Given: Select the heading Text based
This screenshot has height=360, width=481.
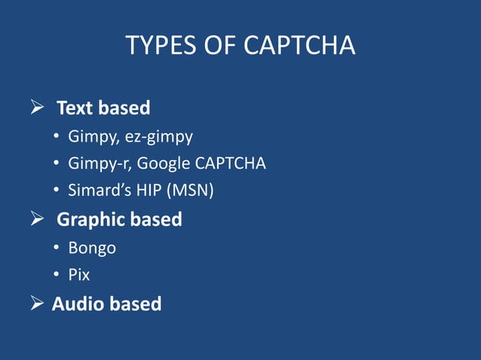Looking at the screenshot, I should (103, 108).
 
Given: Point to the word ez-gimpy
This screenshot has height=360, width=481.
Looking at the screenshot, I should (161, 137).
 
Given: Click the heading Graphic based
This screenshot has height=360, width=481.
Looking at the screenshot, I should (119, 219).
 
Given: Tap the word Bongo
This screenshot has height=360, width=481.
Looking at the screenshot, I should (92, 248).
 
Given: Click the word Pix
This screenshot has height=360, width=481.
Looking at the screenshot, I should (78, 275).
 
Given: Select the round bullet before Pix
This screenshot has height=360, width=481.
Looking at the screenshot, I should (57, 275).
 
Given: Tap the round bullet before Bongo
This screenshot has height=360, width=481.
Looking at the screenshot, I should (57, 248).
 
